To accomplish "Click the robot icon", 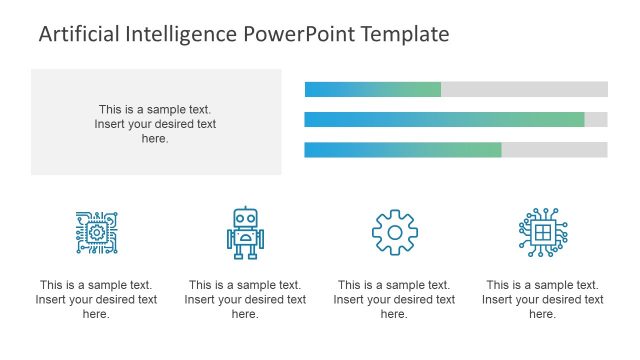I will (245, 233).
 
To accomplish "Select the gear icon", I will (394, 232).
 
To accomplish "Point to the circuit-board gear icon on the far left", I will (96, 232).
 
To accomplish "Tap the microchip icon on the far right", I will (543, 232).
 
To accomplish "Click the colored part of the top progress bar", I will (372, 89).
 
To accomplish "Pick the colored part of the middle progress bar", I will (444, 120).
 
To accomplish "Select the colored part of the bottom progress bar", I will (402, 150).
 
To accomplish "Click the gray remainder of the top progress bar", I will (524, 89).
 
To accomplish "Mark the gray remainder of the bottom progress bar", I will (554, 150).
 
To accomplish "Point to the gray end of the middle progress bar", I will (596, 120).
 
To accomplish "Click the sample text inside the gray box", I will (155, 124).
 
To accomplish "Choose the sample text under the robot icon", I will (245, 299).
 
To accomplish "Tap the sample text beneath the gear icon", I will (394, 299).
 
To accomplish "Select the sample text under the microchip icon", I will (543, 299).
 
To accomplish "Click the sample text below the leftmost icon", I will (96, 299).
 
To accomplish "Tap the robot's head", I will (245, 219).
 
